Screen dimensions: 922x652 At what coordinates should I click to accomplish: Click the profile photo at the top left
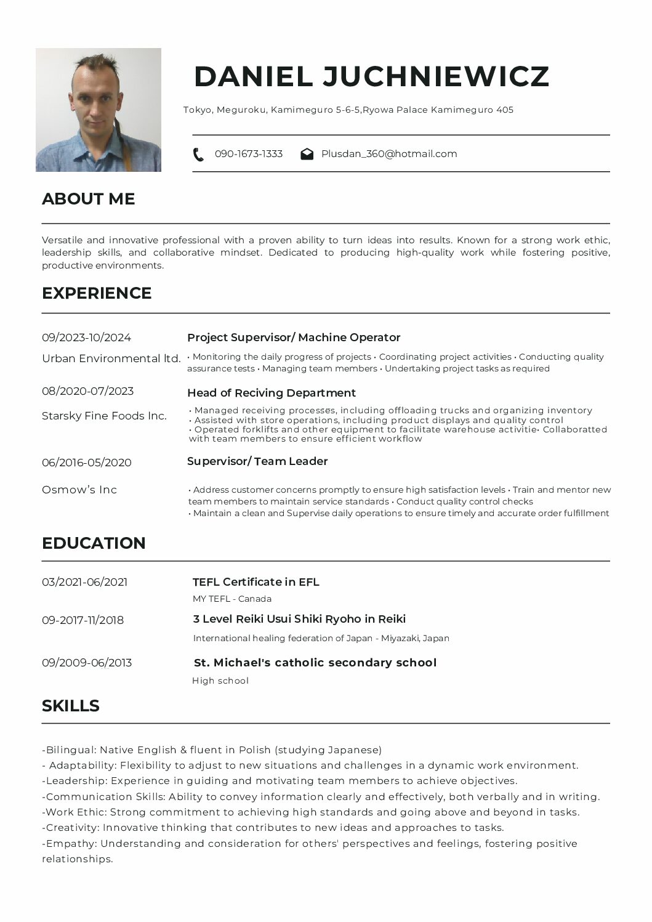click(99, 110)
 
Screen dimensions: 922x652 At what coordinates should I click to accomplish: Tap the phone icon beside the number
click(198, 154)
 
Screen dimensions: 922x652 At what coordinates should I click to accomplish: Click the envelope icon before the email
click(307, 154)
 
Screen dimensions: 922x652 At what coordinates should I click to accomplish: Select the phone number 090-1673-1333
click(249, 154)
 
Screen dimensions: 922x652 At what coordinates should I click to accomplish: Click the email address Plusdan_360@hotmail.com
click(389, 154)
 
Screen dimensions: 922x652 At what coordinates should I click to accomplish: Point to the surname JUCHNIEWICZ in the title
click(436, 76)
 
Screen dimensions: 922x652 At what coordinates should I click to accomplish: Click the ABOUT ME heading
click(88, 199)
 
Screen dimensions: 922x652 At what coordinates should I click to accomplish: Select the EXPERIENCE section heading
click(97, 293)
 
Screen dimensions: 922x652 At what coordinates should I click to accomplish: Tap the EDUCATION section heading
click(94, 543)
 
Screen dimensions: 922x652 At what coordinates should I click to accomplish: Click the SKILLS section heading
click(71, 706)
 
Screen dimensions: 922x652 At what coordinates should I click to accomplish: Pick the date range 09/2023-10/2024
click(86, 338)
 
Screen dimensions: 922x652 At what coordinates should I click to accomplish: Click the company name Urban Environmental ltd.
click(111, 358)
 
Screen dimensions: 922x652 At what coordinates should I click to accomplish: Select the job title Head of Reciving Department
click(272, 393)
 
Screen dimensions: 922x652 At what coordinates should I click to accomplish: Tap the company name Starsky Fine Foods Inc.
click(104, 416)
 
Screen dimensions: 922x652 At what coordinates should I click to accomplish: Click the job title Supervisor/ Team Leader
click(257, 461)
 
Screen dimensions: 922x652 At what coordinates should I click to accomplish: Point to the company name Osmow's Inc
click(79, 490)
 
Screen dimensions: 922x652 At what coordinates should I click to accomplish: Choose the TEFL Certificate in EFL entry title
click(256, 582)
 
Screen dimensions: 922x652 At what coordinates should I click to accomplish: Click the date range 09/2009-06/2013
click(87, 663)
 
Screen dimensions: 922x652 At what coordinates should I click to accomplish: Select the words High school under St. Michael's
click(220, 681)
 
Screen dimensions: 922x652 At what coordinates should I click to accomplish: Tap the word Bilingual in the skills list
click(70, 750)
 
